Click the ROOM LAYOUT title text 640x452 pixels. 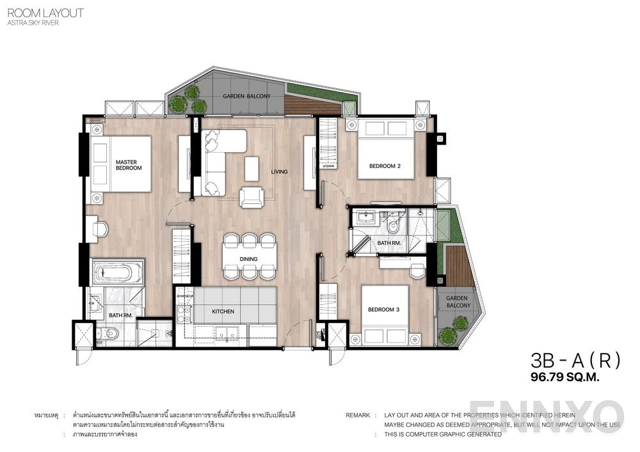tap(45, 13)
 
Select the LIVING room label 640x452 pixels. tap(279, 171)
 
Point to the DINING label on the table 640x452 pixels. tap(249, 259)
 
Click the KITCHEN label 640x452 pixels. tap(223, 311)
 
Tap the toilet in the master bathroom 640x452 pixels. tap(107, 333)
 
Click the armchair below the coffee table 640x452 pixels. tap(252, 197)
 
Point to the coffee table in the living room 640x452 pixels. tap(252, 168)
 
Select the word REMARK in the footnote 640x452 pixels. tap(358, 415)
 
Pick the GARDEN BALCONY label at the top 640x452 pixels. tap(246, 96)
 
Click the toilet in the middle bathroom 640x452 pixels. tap(394, 224)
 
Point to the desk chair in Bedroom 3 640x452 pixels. tap(417, 270)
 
